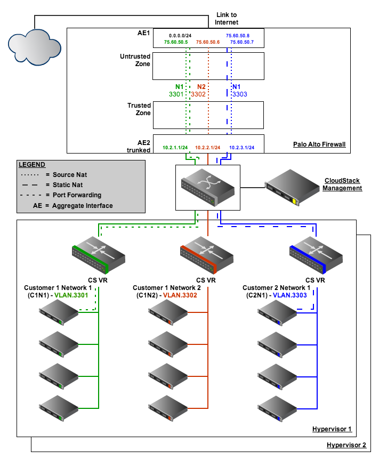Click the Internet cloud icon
[35, 47]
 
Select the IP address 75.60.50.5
[176, 42]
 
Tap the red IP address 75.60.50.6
[208, 42]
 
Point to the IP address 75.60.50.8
[238, 36]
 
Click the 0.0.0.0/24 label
[180, 36]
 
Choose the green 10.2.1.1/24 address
[175, 148]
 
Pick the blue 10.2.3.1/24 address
[242, 148]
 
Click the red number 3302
[198, 94]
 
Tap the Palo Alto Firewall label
[319, 144]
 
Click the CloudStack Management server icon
[292, 187]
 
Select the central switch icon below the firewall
[208, 188]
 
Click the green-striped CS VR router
[99, 255]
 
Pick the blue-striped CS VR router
[316, 255]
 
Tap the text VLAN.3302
[180, 295]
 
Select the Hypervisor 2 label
[346, 445]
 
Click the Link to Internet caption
[227, 19]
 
